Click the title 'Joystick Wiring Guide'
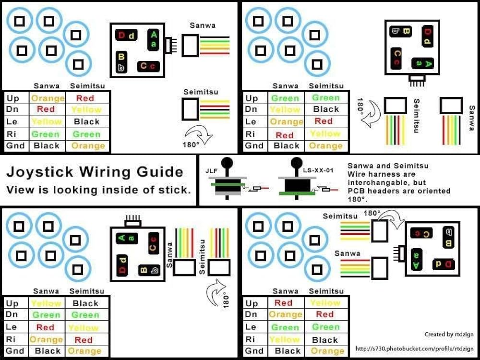[x=95, y=171]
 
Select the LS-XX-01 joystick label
[x=318, y=169]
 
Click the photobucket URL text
[x=415, y=348]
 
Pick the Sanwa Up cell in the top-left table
[x=48, y=98]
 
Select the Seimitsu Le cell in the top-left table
[x=87, y=122]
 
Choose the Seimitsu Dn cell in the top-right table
[x=326, y=109]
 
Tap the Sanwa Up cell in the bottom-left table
[x=46, y=303]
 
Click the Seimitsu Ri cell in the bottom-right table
[x=325, y=340]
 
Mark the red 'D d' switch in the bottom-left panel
[x=122, y=265]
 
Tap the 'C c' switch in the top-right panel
[x=397, y=57]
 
